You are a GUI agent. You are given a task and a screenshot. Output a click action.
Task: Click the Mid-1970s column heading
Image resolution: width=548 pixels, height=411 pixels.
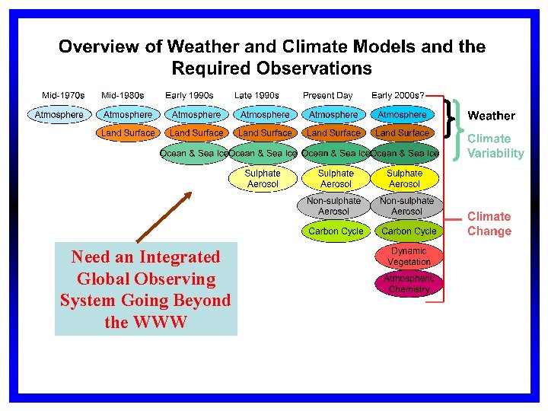click(x=63, y=96)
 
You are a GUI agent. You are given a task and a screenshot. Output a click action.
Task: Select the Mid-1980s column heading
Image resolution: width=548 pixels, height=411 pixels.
click(x=124, y=96)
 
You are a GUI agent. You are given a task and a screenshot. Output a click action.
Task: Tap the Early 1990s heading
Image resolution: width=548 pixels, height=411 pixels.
click(x=190, y=96)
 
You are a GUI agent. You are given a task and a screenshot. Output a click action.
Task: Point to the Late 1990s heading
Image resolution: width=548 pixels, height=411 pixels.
click(x=256, y=96)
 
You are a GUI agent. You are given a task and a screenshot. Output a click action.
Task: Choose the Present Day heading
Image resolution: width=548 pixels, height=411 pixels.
click(x=328, y=96)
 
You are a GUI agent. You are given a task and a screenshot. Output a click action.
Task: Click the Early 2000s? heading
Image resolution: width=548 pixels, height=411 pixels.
click(x=398, y=96)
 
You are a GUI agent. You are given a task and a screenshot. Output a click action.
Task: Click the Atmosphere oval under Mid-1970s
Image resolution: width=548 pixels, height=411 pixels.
click(x=59, y=115)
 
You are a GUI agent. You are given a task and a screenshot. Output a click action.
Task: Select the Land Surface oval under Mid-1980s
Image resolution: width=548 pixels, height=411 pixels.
click(x=128, y=133)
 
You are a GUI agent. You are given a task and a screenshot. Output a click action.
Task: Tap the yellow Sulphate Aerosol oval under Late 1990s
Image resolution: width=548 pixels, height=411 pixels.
click(x=263, y=179)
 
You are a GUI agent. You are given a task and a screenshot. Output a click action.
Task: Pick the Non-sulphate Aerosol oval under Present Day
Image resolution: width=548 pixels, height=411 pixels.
click(x=334, y=205)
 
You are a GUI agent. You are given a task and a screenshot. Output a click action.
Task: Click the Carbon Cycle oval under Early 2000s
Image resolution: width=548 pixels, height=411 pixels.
click(x=409, y=231)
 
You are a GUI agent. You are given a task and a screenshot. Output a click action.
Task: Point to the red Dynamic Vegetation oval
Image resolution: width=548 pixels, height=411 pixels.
click(x=409, y=256)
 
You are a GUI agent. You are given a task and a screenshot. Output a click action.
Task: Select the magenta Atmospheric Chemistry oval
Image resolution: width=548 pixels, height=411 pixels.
click(x=409, y=284)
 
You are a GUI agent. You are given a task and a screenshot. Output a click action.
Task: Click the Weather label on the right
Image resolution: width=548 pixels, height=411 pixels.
click(x=491, y=116)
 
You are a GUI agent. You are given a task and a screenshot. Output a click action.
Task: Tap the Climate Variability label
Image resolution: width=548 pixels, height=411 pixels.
click(x=495, y=145)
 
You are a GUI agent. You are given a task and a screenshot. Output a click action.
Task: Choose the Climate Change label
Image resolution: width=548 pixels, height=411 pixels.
click(x=489, y=224)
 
